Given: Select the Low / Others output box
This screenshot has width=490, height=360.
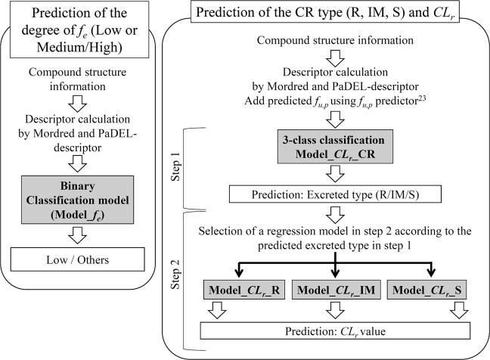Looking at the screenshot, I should tap(88, 261).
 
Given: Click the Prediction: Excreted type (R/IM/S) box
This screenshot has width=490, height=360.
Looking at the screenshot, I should tap(334, 194).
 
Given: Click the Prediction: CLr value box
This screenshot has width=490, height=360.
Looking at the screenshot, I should tap(333, 331).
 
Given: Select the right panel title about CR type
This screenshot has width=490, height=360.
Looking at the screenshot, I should tap(333, 13).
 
